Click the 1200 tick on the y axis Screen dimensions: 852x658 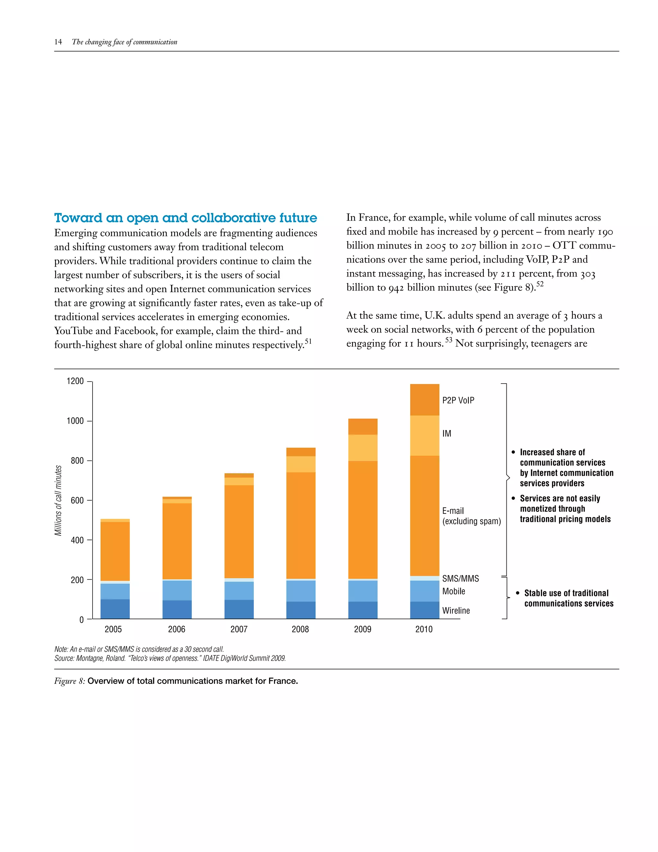75,381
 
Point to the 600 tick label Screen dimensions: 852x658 77,501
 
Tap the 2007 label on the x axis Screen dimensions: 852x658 239,629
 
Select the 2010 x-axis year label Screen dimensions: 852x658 424,629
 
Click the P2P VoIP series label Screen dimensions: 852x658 458,400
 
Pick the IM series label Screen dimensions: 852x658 447,433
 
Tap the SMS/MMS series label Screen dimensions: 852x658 460,578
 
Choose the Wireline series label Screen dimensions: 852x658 456,611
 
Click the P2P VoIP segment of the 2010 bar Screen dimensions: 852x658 424,400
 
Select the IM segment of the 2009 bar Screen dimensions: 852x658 362,448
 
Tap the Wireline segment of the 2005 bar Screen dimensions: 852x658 115,609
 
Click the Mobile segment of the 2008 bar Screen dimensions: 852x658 300,591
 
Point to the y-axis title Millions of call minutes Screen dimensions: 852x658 58,501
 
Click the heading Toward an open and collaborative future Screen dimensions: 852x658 186,218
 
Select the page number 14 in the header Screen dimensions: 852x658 58,42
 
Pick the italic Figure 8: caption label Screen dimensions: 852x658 69,681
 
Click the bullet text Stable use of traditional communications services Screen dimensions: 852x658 568,598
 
